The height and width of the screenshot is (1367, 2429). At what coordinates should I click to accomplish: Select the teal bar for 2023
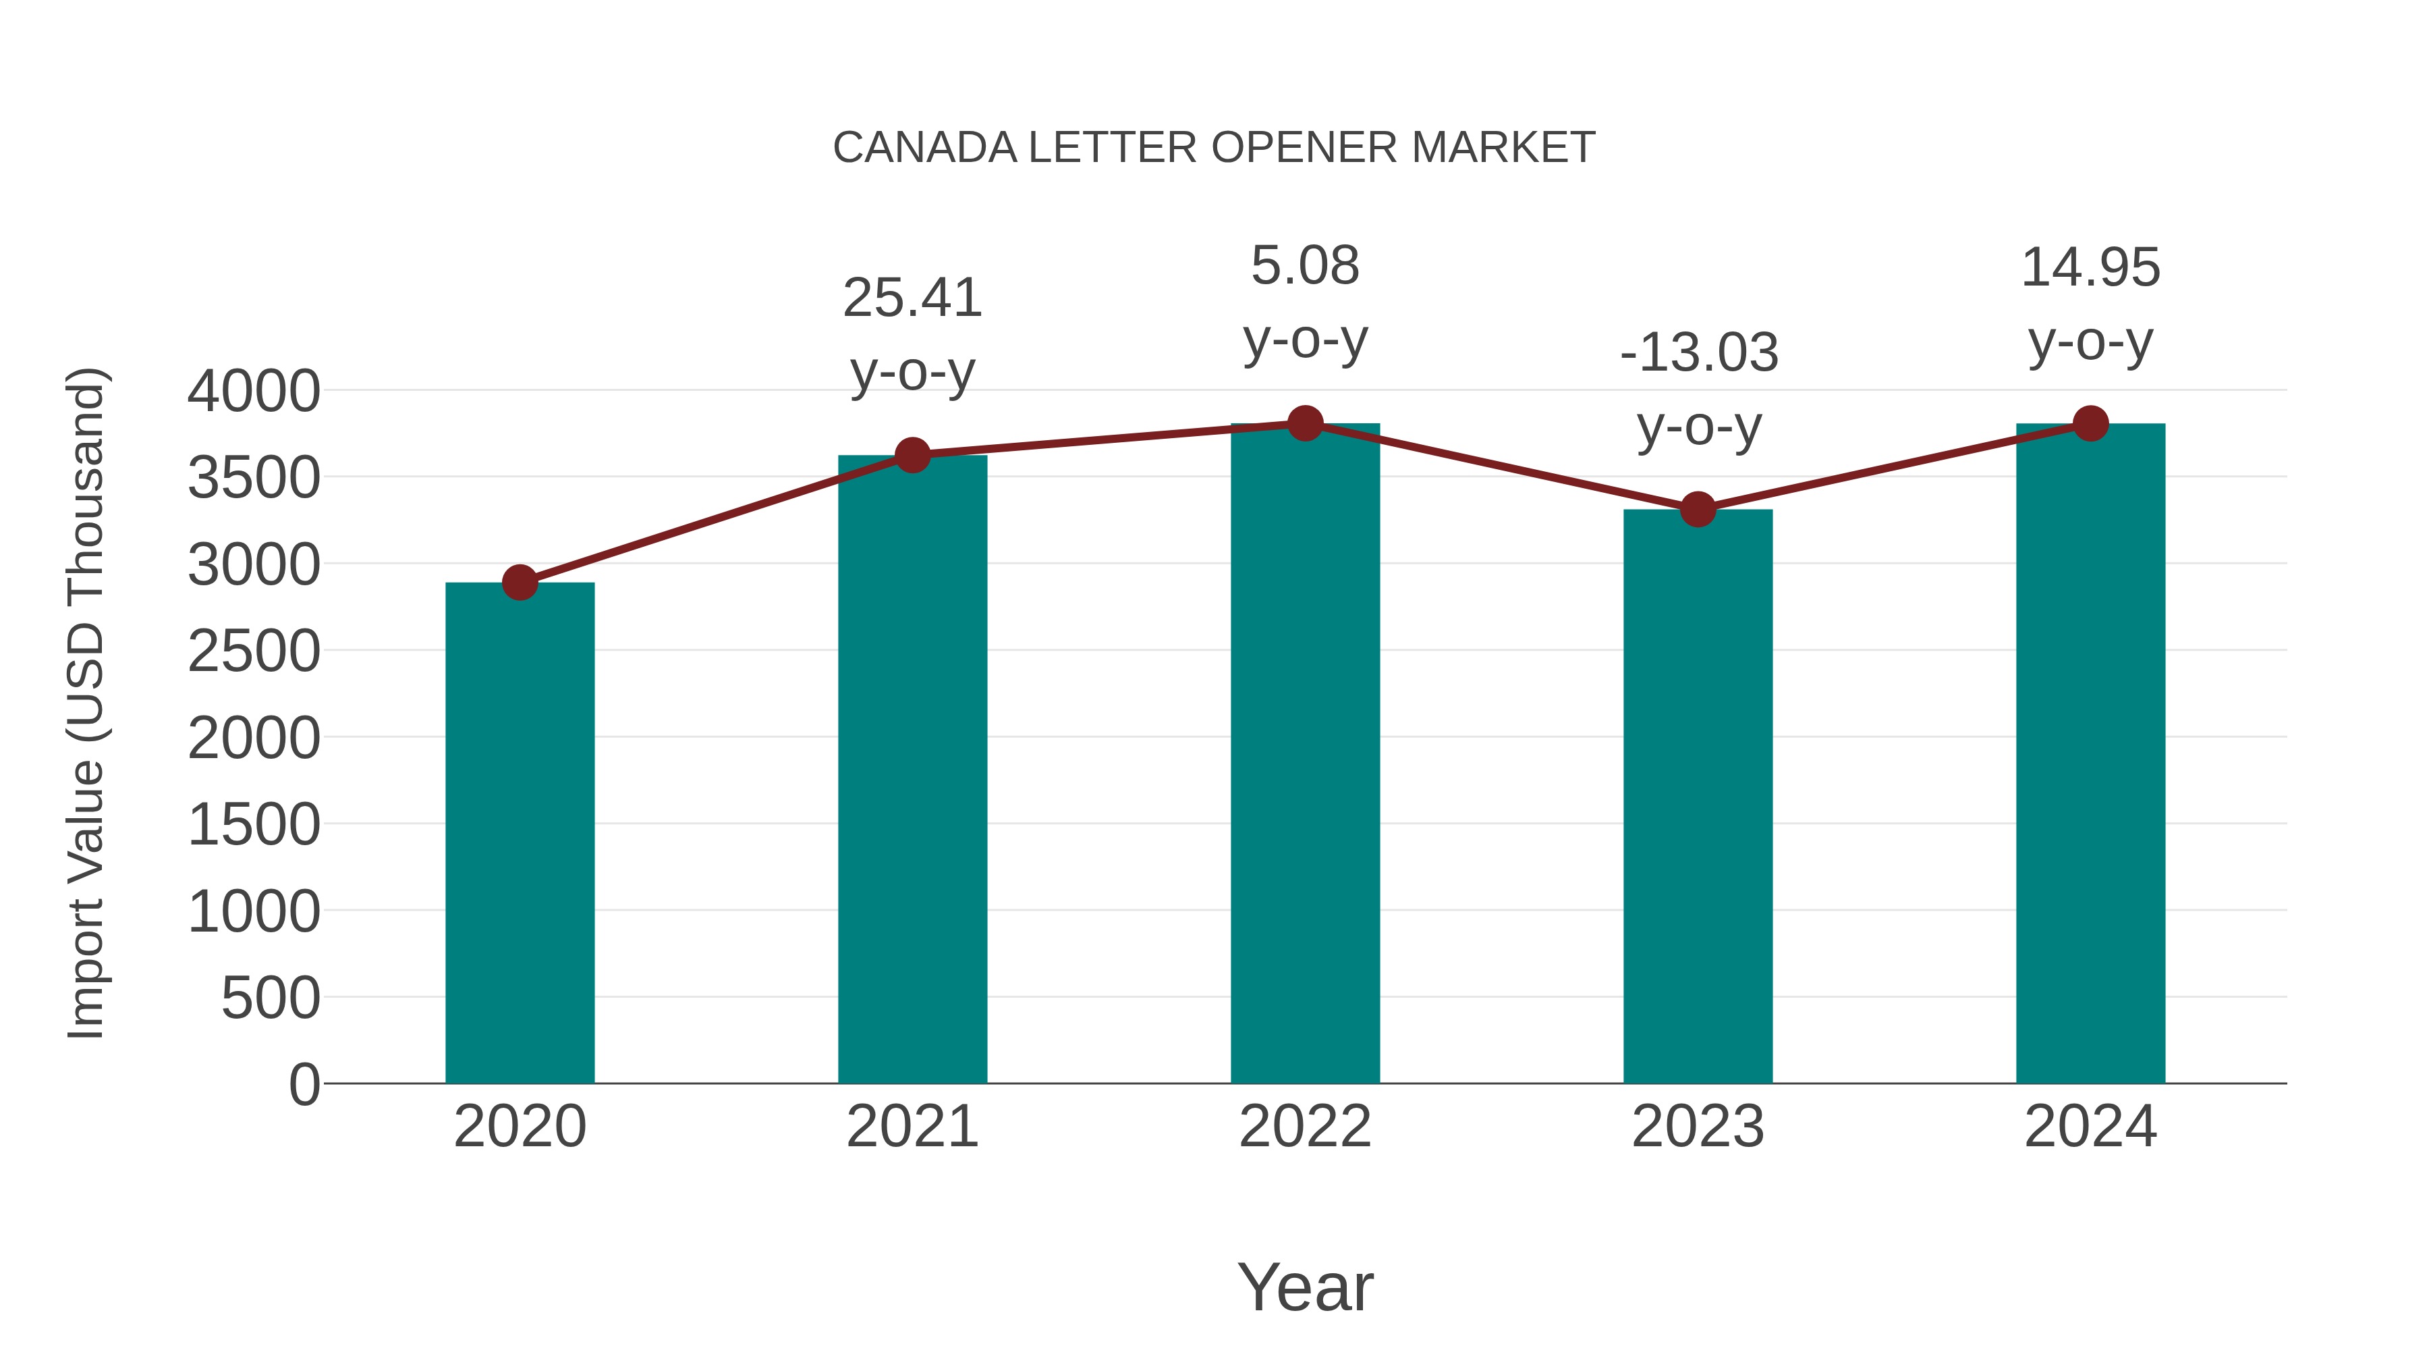tap(1698, 797)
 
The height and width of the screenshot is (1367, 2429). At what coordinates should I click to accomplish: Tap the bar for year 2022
tap(1305, 755)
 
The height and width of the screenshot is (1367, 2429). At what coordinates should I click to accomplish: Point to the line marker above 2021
tap(912, 456)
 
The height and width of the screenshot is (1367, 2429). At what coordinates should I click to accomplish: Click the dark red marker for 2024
tap(2090, 423)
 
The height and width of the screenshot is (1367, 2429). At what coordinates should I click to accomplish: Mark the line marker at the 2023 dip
tap(1698, 510)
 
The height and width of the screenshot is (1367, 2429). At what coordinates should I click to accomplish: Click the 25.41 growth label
tap(912, 298)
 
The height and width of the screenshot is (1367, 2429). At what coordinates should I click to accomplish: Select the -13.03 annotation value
tap(1698, 353)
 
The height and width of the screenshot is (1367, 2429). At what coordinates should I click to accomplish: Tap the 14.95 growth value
tap(2090, 268)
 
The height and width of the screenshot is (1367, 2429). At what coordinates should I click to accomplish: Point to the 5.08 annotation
tap(1305, 266)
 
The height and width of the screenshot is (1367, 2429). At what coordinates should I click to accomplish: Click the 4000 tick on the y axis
tap(254, 392)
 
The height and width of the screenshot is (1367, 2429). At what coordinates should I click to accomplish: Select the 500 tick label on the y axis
tap(271, 998)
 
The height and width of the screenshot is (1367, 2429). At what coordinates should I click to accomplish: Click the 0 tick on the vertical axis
tap(304, 1084)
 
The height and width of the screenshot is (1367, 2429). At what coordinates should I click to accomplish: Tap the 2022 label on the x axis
tap(1305, 1127)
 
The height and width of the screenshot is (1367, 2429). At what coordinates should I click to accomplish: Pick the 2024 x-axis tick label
tap(2090, 1127)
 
